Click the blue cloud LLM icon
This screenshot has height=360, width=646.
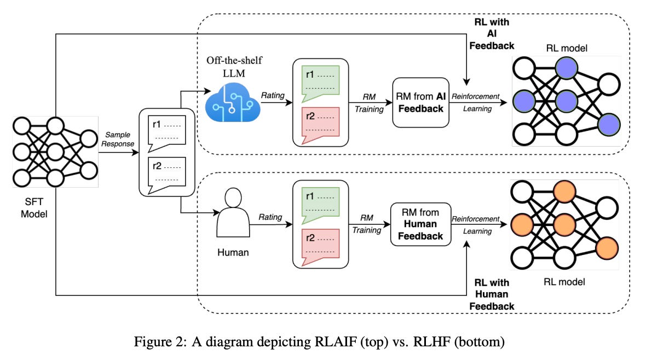coord(232,101)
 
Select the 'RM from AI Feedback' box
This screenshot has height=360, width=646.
coord(419,102)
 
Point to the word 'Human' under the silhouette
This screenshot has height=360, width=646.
coord(233,252)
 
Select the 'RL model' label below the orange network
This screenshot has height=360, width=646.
coord(564,282)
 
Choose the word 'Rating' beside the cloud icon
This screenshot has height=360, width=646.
coord(272,96)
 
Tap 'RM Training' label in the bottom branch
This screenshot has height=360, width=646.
coord(366,223)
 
